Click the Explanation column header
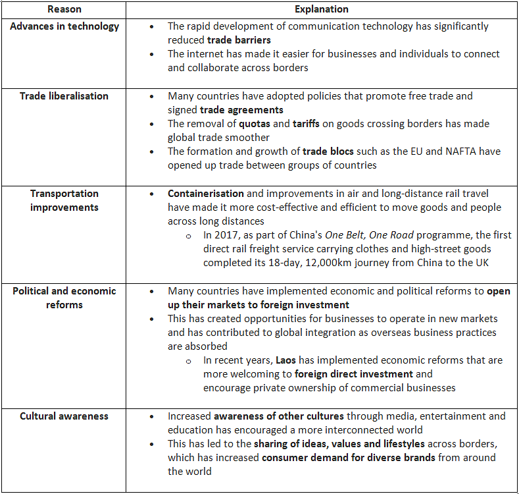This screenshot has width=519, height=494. pos(322,9)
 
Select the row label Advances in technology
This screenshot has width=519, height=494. pos(64,26)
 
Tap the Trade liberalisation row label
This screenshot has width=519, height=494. pos(64,96)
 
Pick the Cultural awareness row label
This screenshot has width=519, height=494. pos(64,416)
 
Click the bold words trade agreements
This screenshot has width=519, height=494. pos(241,110)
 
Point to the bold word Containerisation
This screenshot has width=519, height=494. pos(206,194)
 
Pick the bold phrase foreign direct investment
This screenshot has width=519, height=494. pos(354,374)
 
